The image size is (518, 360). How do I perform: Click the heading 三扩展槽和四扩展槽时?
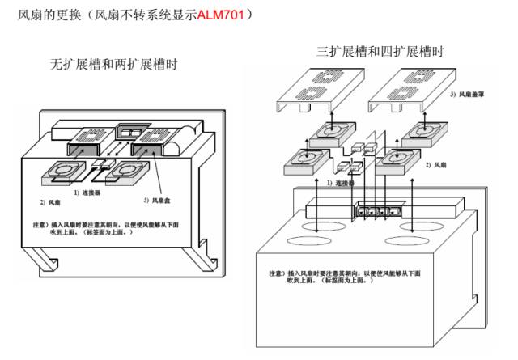(380, 53)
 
